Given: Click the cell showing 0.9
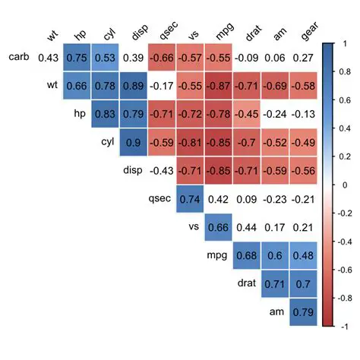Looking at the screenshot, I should pyautogui.click(x=133, y=143).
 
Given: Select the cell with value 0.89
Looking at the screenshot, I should pyautogui.click(x=133, y=86).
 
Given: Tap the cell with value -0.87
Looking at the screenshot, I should pyautogui.click(x=219, y=86).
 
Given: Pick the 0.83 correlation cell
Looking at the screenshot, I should pyautogui.click(x=105, y=114).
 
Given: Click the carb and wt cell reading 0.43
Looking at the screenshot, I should pyautogui.click(x=48, y=57).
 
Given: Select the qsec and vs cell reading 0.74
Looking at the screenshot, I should pyautogui.click(x=190, y=200).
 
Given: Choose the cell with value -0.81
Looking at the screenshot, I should pyautogui.click(x=190, y=143).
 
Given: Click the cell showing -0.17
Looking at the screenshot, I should pyautogui.click(x=162, y=86).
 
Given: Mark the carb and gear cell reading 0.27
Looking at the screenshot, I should pyautogui.click(x=304, y=57).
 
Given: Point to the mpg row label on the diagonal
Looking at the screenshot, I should pyautogui.click(x=217, y=256).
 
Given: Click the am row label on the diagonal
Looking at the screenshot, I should pyautogui.click(x=276, y=312).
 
